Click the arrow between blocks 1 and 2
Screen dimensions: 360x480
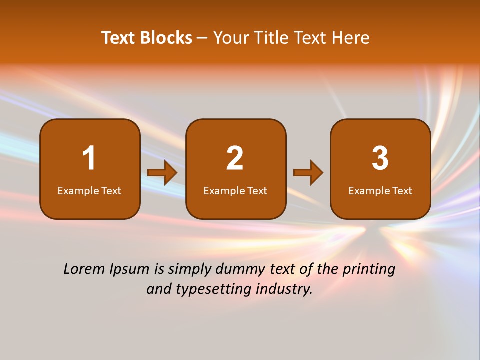pos(162,173)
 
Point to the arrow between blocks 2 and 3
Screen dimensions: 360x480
pos(308,173)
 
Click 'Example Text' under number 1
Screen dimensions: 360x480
pos(89,191)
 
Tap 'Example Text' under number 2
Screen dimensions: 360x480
pos(235,191)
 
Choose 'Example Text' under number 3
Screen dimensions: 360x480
pos(380,191)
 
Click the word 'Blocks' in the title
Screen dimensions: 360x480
pos(166,38)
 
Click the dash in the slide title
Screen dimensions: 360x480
pos(202,38)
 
